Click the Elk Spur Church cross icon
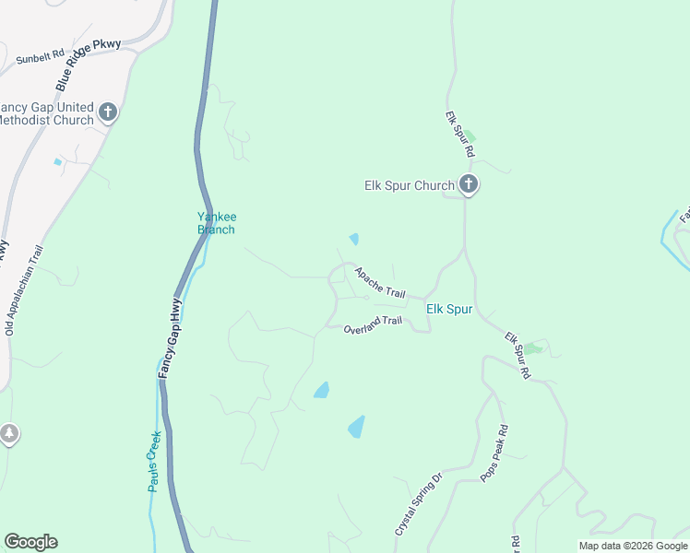pyautogui.click(x=469, y=185)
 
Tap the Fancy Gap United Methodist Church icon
pyautogui.click(x=108, y=112)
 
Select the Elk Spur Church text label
pyautogui.click(x=409, y=185)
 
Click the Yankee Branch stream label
pyautogui.click(x=216, y=223)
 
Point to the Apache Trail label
pyautogui.click(x=380, y=282)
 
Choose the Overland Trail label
pyautogui.click(x=373, y=325)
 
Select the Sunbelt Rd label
pyautogui.click(x=39, y=59)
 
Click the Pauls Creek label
pyautogui.click(x=155, y=461)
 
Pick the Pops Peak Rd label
pyautogui.click(x=494, y=453)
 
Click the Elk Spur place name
pyautogui.click(x=449, y=310)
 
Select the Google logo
pyautogui.click(x=30, y=542)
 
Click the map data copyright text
pyautogui.click(x=634, y=546)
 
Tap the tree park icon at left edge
pyautogui.click(x=8, y=433)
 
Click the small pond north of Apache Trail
pyautogui.click(x=354, y=239)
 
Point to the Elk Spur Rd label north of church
pyautogui.click(x=459, y=134)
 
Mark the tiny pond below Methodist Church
pyautogui.click(x=57, y=162)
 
